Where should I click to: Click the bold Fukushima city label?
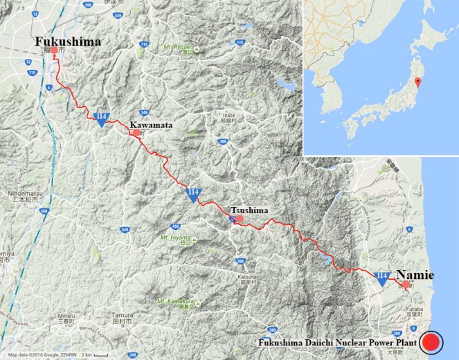(x=69, y=42)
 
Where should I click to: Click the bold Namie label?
(x=415, y=275)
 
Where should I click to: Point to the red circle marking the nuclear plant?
(x=433, y=341)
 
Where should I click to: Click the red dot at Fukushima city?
(x=55, y=51)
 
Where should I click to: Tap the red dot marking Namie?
(x=405, y=284)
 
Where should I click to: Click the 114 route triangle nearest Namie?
(x=381, y=278)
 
